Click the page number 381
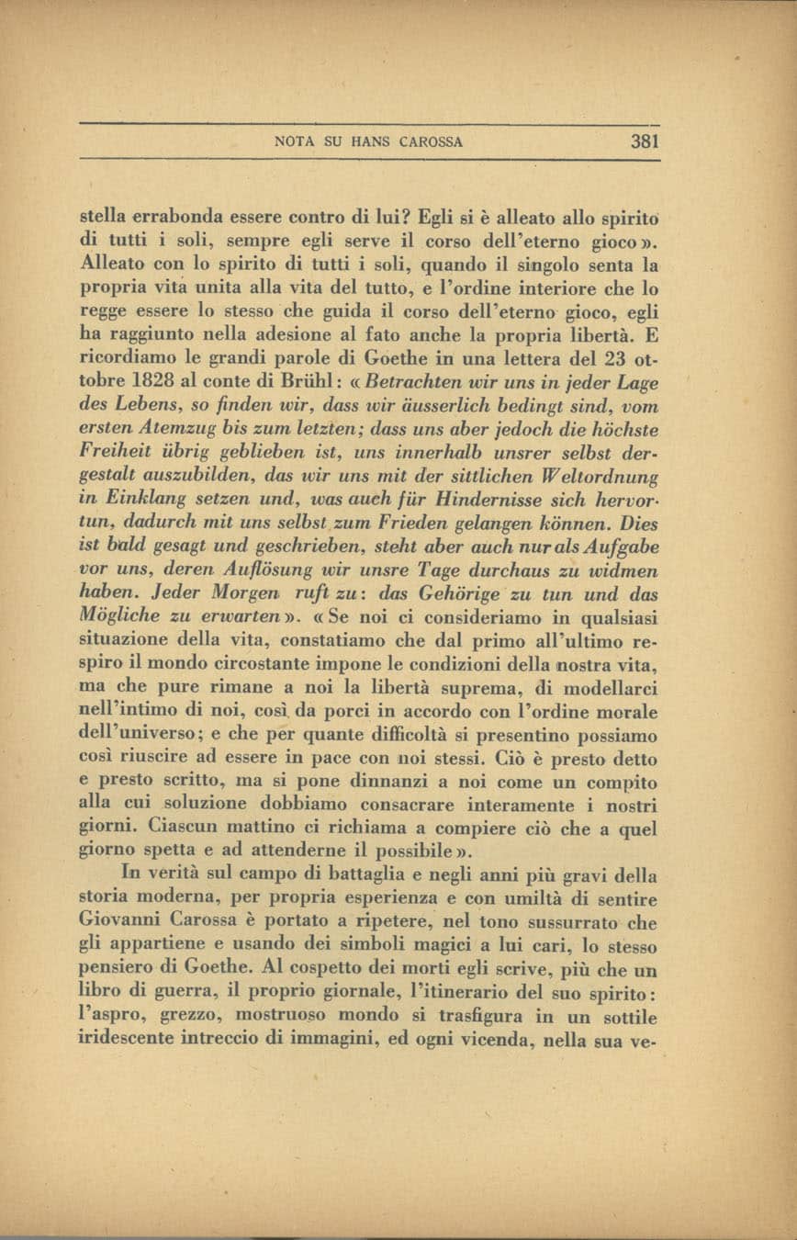645,141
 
